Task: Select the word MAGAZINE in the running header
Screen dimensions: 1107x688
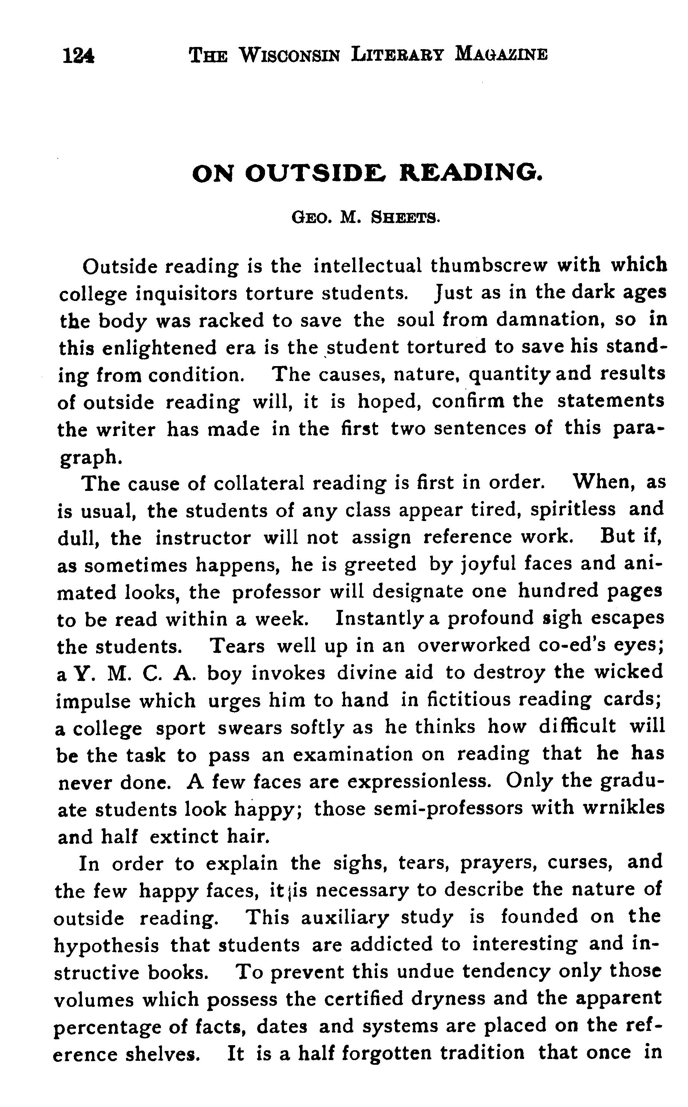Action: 501,54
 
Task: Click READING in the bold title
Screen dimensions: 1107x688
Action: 471,173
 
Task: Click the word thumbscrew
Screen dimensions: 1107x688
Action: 489,266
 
